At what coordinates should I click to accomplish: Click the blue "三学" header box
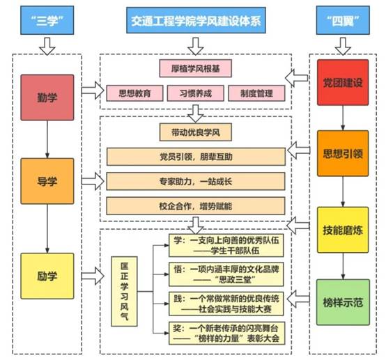[x=47, y=20]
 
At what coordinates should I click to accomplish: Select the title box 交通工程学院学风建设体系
[x=196, y=20]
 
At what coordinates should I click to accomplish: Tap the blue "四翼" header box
[x=343, y=20]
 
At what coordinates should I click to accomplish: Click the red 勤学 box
[x=47, y=97]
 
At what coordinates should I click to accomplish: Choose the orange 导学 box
[x=47, y=181]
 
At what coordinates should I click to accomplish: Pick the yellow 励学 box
[x=47, y=276]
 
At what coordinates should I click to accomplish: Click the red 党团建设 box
[x=343, y=82]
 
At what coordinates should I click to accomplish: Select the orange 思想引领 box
[x=343, y=153]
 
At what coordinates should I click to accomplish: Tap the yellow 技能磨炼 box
[x=343, y=230]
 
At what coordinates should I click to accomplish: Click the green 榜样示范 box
[x=343, y=302]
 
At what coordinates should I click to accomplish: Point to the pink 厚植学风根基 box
[x=196, y=68]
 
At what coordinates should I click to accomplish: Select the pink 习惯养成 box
[x=196, y=93]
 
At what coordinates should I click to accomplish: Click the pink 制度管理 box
[x=256, y=93]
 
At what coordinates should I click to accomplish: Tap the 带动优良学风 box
[x=196, y=132]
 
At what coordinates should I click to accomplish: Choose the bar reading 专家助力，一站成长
[x=196, y=181]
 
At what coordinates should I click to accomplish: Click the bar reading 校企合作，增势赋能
[x=196, y=206]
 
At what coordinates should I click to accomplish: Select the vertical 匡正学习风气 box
[x=124, y=291]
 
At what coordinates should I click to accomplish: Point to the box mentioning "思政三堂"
[x=226, y=274]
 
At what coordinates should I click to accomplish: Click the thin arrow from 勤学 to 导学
[x=47, y=139]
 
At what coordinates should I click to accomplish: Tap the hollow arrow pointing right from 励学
[x=93, y=276]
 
